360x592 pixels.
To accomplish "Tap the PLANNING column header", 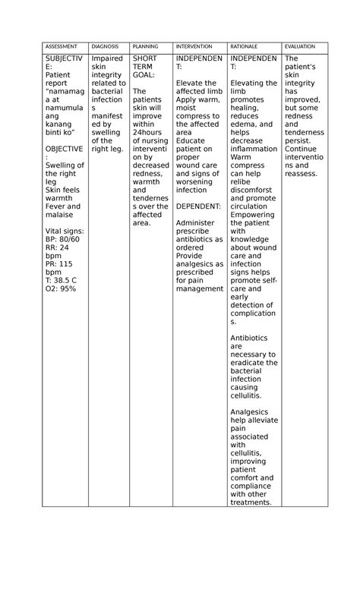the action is [x=145, y=47].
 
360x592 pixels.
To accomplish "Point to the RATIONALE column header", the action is [x=245, y=47].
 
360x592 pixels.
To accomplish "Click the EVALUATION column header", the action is [x=299, y=47].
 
